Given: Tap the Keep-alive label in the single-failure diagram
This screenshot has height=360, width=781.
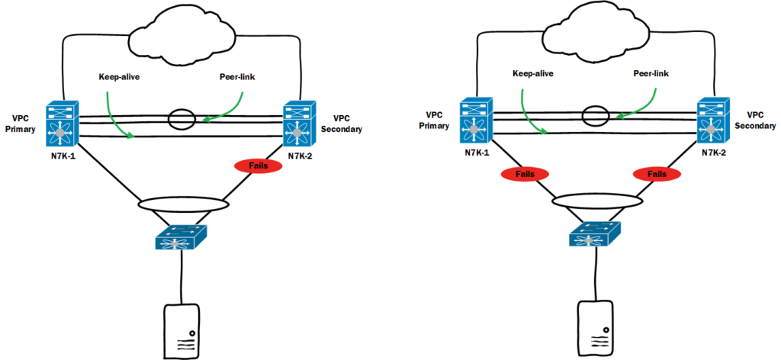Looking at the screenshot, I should pyautogui.click(x=118, y=77).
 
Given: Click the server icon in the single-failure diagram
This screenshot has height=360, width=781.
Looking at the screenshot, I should pyautogui.click(x=182, y=329).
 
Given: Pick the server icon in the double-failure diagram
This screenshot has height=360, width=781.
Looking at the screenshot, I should pyautogui.click(x=594, y=326).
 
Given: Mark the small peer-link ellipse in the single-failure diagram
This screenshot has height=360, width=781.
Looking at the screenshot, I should pyautogui.click(x=182, y=119).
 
